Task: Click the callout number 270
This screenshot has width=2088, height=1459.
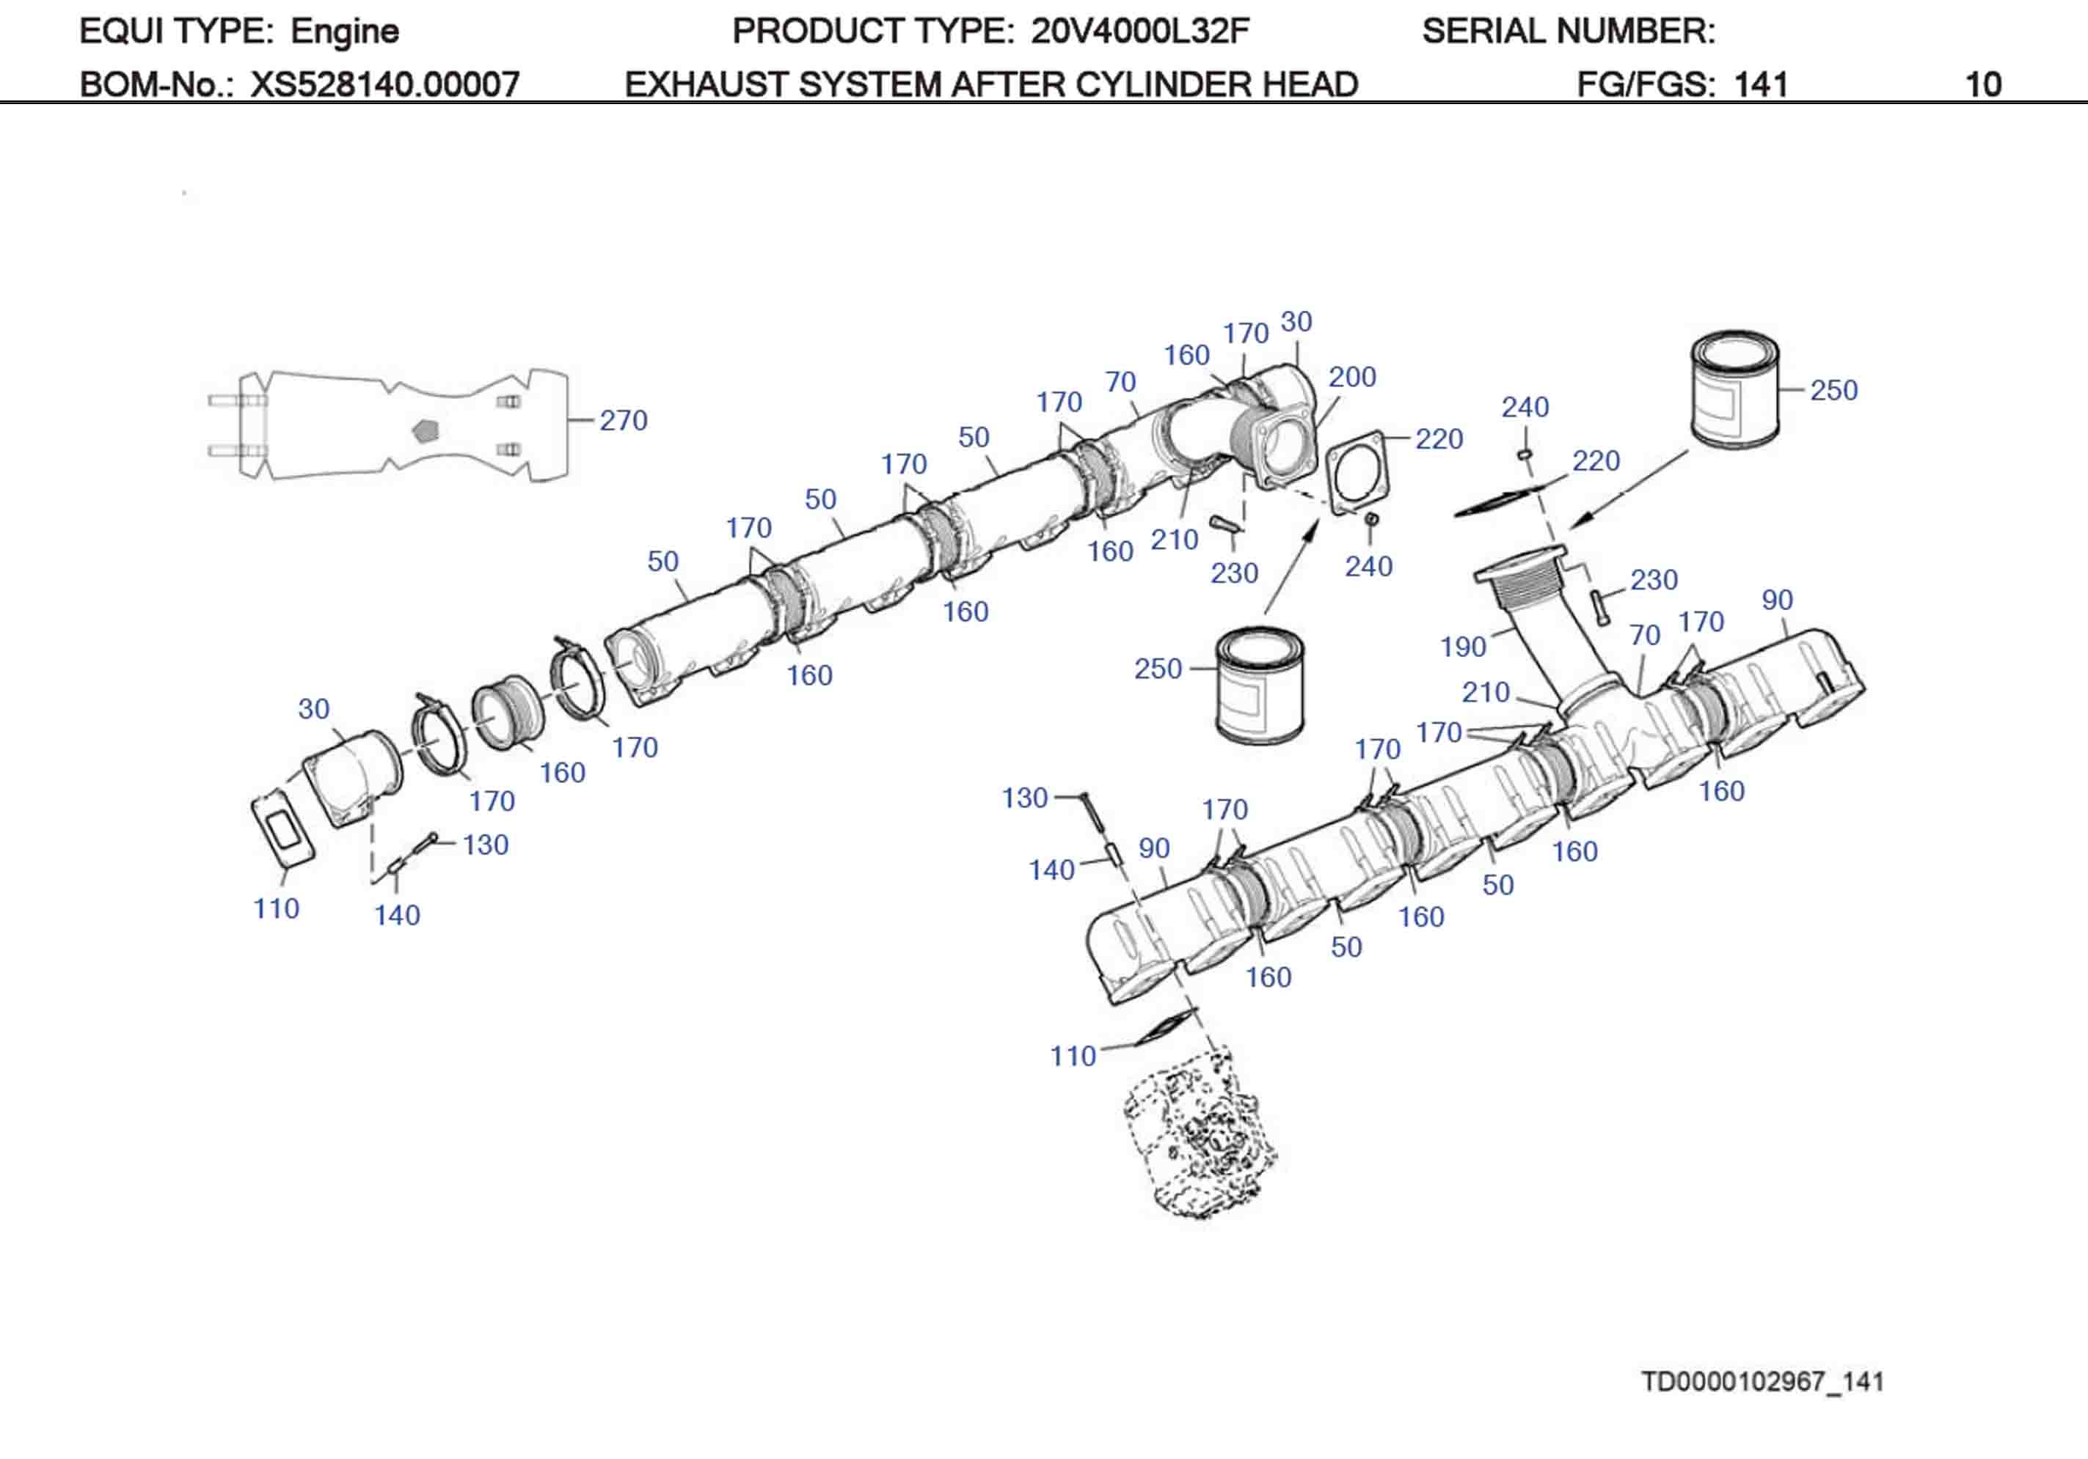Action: click(x=623, y=421)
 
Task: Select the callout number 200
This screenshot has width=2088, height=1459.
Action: click(x=1351, y=378)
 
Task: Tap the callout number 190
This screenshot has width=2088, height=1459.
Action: click(x=1462, y=647)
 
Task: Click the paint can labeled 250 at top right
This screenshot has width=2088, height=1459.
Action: click(x=1734, y=390)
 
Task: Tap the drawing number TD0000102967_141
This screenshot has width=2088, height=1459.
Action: click(x=1762, y=1382)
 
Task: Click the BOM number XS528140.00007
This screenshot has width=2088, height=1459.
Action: click(x=384, y=84)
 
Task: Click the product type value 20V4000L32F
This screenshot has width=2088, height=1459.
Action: click(x=1139, y=32)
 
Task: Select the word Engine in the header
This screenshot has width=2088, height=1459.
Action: click(x=345, y=32)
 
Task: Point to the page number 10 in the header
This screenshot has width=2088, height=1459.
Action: click(x=1982, y=84)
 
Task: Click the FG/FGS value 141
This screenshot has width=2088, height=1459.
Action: click(x=1761, y=84)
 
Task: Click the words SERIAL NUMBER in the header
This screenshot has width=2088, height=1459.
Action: click(x=1568, y=32)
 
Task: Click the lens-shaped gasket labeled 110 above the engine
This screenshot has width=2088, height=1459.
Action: click(x=1165, y=1026)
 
